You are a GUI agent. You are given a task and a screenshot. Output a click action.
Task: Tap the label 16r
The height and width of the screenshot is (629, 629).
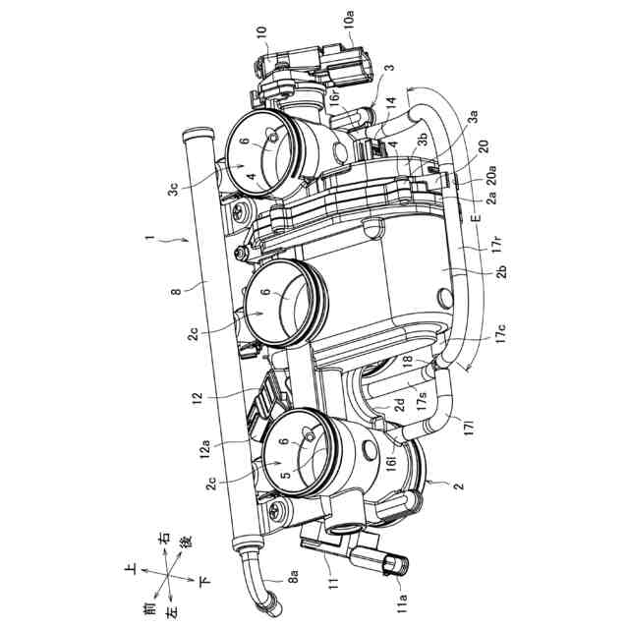[x=335, y=98]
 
